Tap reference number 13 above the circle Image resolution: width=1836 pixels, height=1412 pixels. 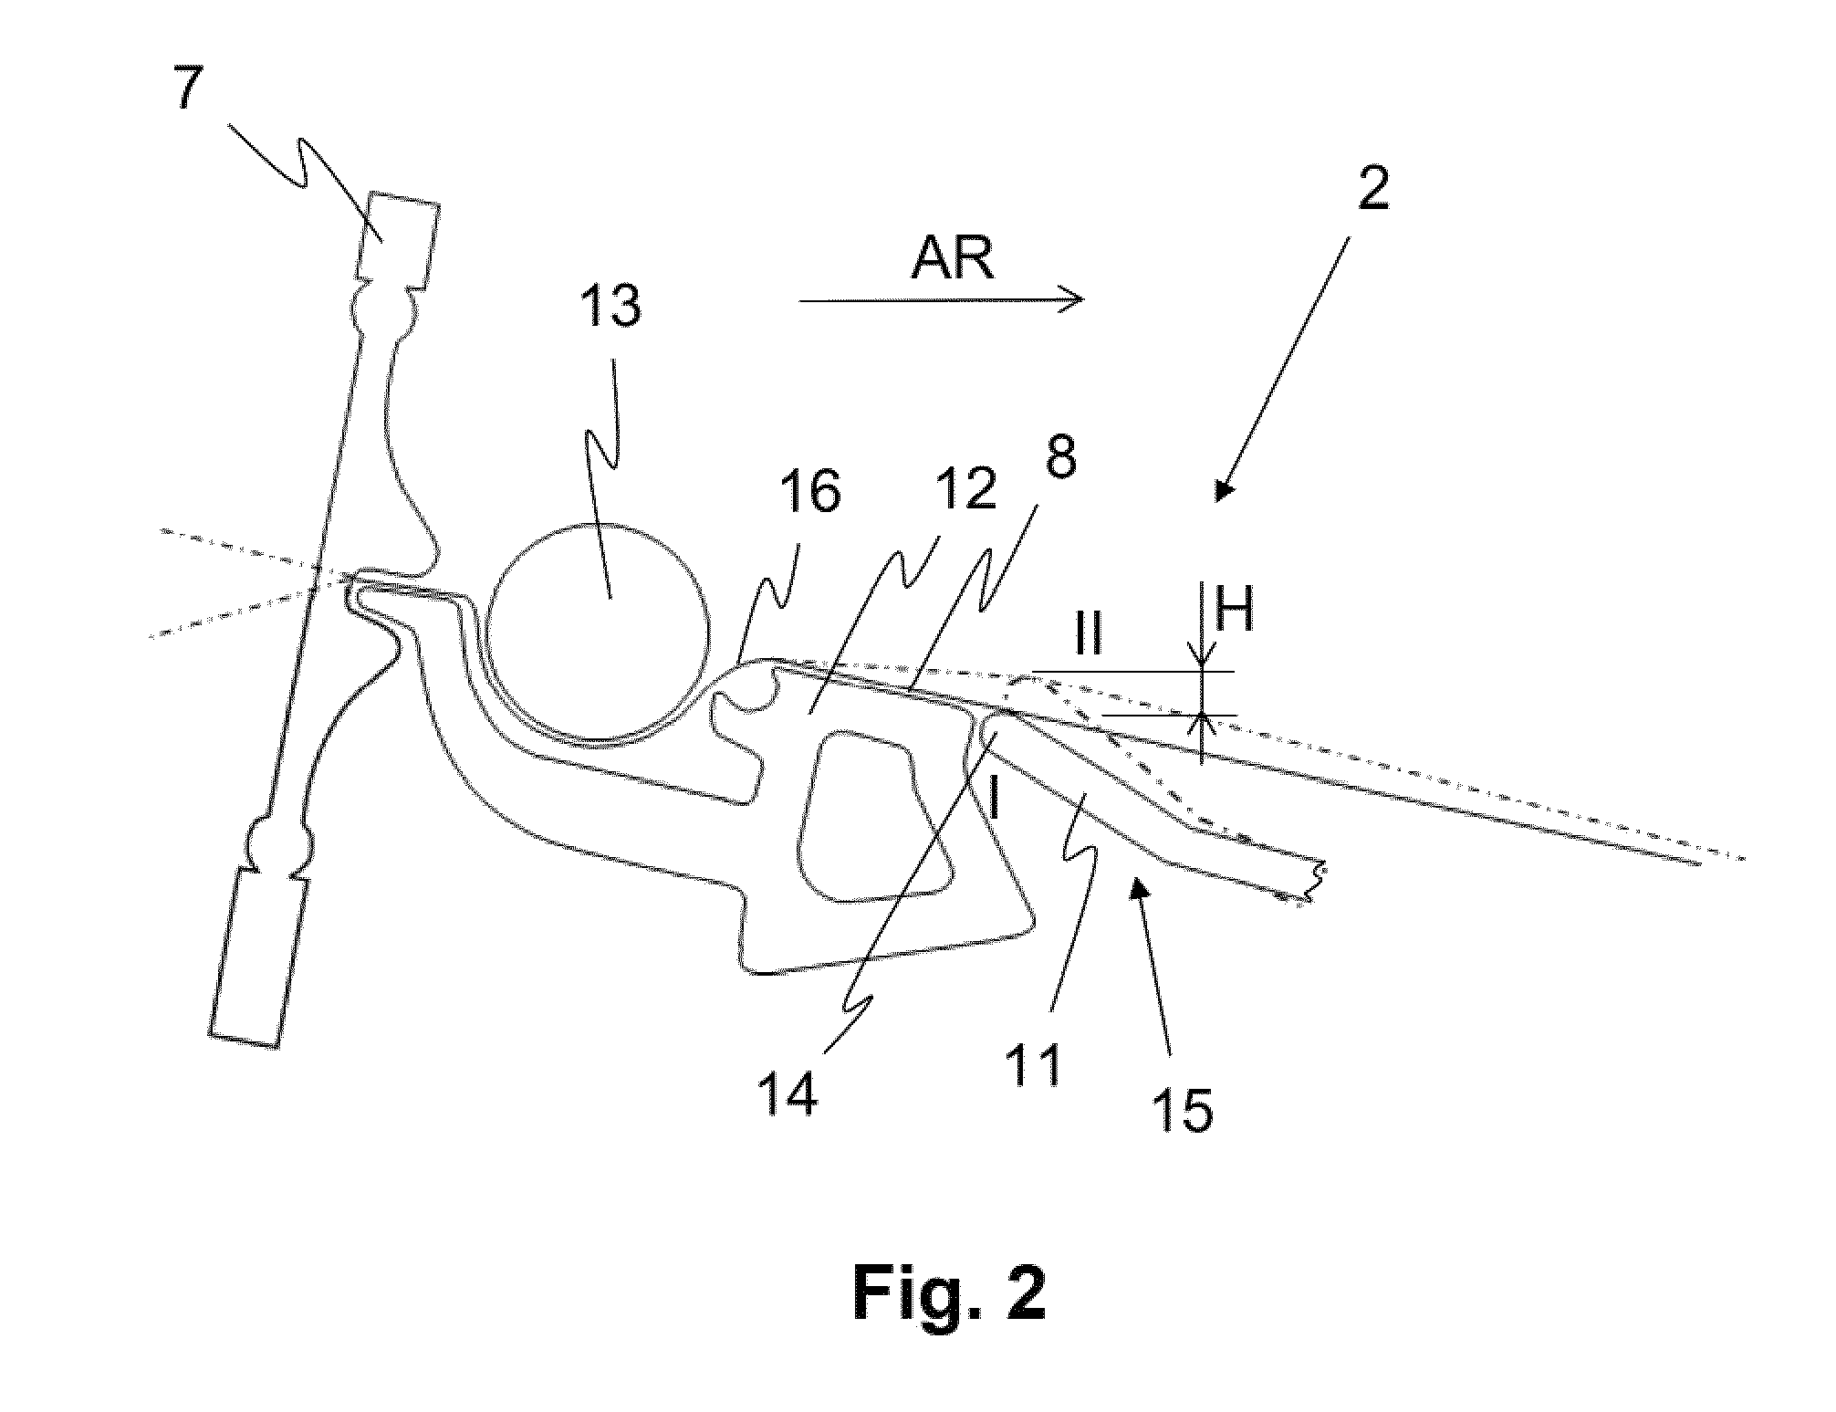click(x=611, y=305)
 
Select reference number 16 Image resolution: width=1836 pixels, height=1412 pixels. click(x=810, y=495)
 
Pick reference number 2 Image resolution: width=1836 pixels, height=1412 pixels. click(x=1373, y=191)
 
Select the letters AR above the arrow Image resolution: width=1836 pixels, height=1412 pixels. click(x=953, y=260)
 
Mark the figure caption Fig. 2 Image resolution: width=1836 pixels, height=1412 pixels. click(x=949, y=1291)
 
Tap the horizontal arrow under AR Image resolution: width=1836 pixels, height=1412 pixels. click(x=942, y=299)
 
